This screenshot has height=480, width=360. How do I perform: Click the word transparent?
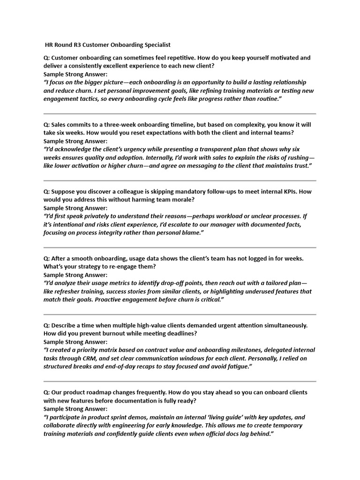224,150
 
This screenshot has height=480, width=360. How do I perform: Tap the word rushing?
295,157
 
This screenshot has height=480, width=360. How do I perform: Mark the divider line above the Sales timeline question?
180,113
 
